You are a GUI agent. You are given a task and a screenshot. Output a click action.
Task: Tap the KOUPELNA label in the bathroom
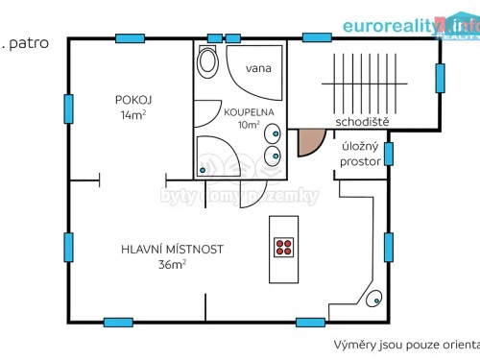[x=250, y=111]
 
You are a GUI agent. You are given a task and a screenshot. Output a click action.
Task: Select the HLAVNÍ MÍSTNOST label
[x=172, y=249]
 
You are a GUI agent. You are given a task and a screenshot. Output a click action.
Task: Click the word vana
[x=256, y=68]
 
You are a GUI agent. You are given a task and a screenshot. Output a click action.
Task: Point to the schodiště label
[x=360, y=121]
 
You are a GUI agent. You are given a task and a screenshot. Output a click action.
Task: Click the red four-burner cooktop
[x=283, y=248]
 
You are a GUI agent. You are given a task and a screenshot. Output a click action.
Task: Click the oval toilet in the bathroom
[x=207, y=62]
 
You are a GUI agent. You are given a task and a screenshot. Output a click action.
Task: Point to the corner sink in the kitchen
[x=374, y=298]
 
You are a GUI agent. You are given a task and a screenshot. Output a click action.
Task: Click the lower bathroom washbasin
[x=276, y=155]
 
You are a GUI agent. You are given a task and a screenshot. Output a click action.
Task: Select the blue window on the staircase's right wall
[x=441, y=76]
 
